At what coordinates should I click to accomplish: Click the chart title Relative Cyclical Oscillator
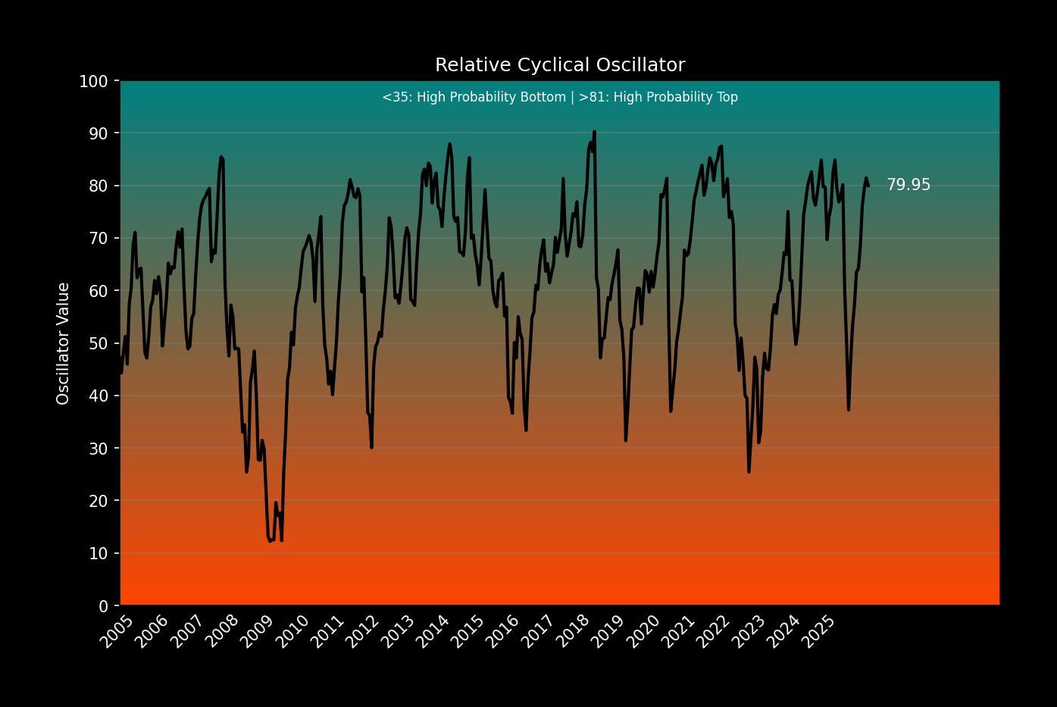(x=560, y=65)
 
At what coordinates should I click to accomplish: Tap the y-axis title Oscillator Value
(x=64, y=343)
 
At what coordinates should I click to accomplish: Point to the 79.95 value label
(x=908, y=185)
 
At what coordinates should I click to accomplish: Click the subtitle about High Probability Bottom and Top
(x=560, y=98)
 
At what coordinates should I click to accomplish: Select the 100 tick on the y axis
(x=94, y=81)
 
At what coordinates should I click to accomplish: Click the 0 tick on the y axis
(x=103, y=606)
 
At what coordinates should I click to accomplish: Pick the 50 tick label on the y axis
(x=99, y=343)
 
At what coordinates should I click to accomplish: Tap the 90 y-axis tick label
(x=99, y=133)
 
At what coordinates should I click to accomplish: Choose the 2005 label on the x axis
(x=117, y=632)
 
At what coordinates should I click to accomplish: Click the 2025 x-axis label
(x=820, y=632)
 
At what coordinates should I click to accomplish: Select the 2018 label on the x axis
(x=574, y=632)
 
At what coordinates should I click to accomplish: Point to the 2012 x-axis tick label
(x=363, y=632)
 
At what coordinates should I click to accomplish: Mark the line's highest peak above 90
(x=594, y=132)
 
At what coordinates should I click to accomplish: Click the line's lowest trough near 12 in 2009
(x=269, y=541)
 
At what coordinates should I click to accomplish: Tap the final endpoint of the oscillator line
(x=868, y=186)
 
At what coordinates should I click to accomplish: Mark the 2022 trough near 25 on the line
(x=749, y=472)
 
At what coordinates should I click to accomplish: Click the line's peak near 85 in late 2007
(x=220, y=157)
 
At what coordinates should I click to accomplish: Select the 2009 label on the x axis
(x=258, y=632)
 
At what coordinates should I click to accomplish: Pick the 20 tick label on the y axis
(x=99, y=501)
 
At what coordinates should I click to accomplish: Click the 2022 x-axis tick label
(x=714, y=632)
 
